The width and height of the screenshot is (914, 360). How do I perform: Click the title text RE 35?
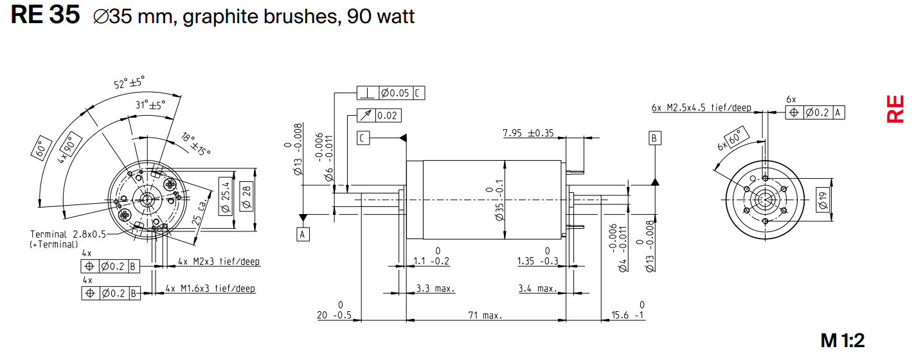(x=45, y=15)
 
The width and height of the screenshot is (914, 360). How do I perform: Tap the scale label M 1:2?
(x=847, y=341)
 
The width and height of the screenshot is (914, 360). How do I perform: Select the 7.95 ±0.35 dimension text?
(x=528, y=133)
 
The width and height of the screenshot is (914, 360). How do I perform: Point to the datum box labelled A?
(x=303, y=235)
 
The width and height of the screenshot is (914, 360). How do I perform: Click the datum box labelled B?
(x=654, y=138)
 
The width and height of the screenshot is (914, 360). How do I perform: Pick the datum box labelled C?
(x=364, y=138)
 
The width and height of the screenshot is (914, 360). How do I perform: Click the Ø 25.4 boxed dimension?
(x=226, y=200)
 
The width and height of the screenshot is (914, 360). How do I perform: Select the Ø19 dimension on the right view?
(x=822, y=201)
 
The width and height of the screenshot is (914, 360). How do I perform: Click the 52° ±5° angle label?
(x=129, y=83)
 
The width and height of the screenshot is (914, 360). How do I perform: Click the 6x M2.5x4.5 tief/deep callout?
(x=701, y=108)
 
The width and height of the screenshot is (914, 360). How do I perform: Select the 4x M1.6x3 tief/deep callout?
(x=210, y=289)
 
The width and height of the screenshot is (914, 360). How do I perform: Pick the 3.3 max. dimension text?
(x=435, y=289)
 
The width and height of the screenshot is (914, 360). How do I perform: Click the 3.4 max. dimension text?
(x=538, y=289)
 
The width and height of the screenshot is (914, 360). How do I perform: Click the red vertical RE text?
(x=895, y=109)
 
